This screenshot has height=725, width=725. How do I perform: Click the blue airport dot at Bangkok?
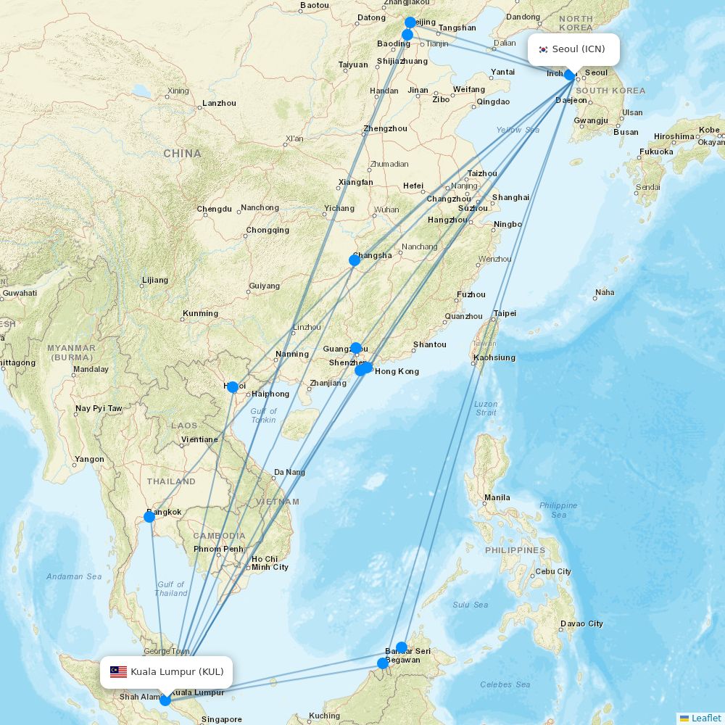point(149,517)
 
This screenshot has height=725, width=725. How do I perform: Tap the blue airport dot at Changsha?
point(355,260)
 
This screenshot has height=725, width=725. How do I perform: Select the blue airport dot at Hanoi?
point(233,387)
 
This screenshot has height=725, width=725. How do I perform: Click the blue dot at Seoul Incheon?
point(570,75)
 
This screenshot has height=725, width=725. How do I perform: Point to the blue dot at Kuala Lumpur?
point(165,700)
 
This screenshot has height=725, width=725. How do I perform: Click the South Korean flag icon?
point(543,49)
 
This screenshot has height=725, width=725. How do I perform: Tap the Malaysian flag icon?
point(118,672)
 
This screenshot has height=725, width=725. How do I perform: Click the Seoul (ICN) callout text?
point(579,49)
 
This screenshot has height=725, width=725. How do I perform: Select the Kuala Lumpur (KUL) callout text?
point(177,672)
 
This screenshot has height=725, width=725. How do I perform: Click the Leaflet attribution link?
point(705,718)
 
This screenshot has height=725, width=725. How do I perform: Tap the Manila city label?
point(497,497)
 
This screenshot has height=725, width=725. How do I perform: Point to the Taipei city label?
point(505,313)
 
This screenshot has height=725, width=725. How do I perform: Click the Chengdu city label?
point(214,210)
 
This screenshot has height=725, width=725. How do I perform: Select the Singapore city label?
point(221,719)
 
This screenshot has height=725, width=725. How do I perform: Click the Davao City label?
point(581,623)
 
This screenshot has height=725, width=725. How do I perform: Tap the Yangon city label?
point(89,459)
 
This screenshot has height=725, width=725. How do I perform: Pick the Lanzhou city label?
point(219,103)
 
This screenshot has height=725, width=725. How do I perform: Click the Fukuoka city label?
point(657,152)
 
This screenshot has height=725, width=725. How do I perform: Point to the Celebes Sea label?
point(505,684)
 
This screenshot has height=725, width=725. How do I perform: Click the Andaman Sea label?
point(74,576)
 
